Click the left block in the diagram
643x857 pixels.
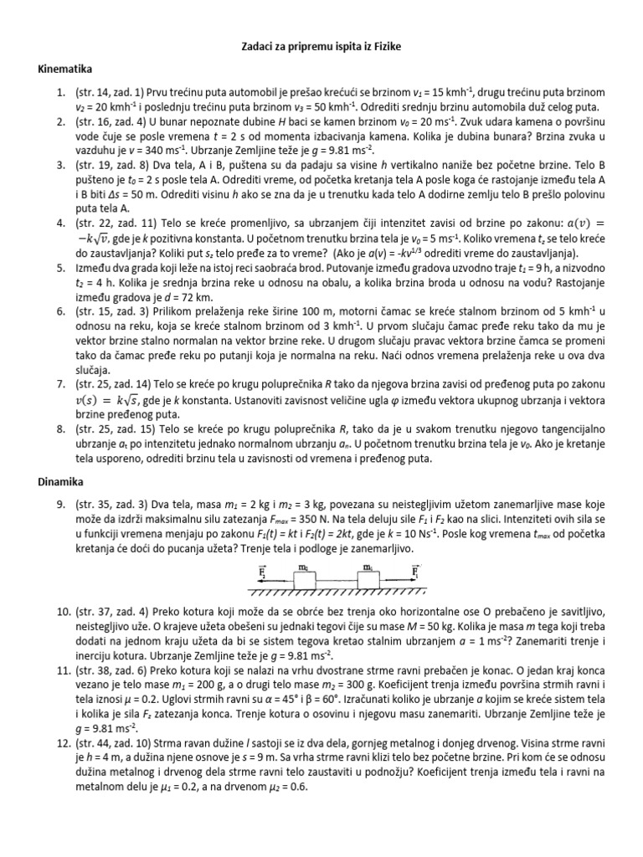305,577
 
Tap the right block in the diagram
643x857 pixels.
366,577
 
